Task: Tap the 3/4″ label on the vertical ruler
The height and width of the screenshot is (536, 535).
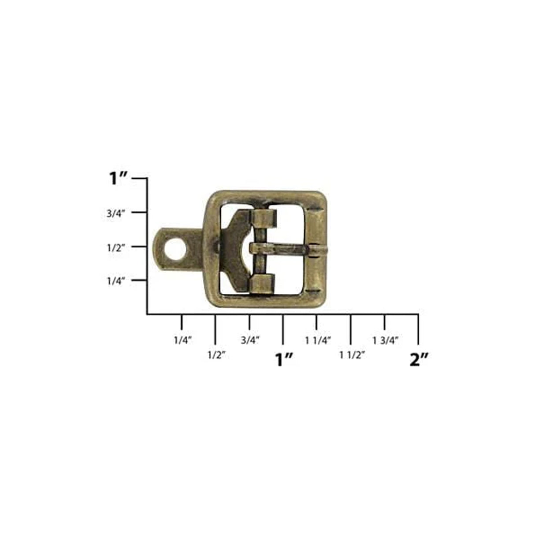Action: point(117,213)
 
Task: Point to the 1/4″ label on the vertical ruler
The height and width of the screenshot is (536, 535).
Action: point(117,281)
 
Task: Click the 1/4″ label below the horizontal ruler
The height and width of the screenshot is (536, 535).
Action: point(182,340)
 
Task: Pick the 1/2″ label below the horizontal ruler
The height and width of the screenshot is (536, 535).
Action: point(216,354)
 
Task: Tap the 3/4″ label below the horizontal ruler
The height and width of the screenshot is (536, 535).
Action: point(250,340)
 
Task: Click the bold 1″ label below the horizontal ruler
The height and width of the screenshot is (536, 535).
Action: point(283,360)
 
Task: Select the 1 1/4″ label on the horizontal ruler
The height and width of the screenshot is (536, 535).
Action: point(318,340)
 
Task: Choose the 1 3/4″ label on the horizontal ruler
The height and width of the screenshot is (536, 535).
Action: point(386,340)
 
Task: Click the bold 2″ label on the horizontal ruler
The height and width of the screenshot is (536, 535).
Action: point(419,360)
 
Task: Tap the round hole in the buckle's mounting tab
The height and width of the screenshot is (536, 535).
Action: point(175,248)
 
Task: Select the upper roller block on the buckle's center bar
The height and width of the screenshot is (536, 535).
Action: point(264,217)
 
